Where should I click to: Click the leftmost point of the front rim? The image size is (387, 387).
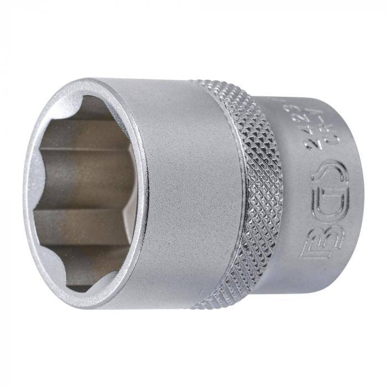24,193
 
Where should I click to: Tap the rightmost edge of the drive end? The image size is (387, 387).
363,193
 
